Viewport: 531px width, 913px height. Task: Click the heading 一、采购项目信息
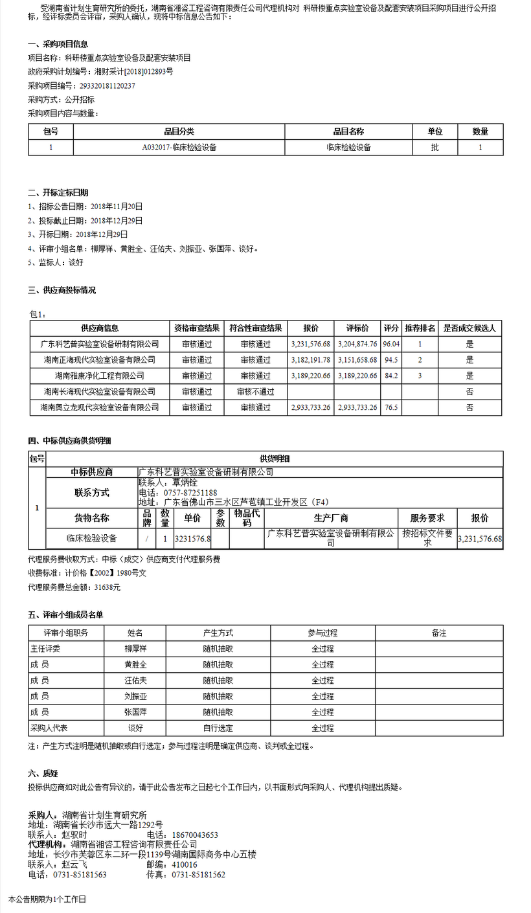[x=58, y=44]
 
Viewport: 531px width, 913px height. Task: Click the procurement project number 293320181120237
[x=107, y=85]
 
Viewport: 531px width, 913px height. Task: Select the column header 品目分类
[x=179, y=131]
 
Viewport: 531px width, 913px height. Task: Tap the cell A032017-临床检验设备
[x=179, y=147]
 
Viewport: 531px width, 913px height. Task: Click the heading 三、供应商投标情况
[x=62, y=290]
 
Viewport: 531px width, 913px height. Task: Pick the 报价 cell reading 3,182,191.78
[x=311, y=359]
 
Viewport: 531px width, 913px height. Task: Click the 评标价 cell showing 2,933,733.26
[x=357, y=407]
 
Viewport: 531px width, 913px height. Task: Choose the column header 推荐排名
[x=420, y=328]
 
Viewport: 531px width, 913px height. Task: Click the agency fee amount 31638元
[x=107, y=587]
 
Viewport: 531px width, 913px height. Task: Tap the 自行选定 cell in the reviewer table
[x=218, y=728]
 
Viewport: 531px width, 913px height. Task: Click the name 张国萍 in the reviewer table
[x=136, y=712]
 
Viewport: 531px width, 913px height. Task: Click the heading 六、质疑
[x=43, y=773]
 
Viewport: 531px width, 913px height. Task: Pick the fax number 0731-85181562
[x=198, y=874]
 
